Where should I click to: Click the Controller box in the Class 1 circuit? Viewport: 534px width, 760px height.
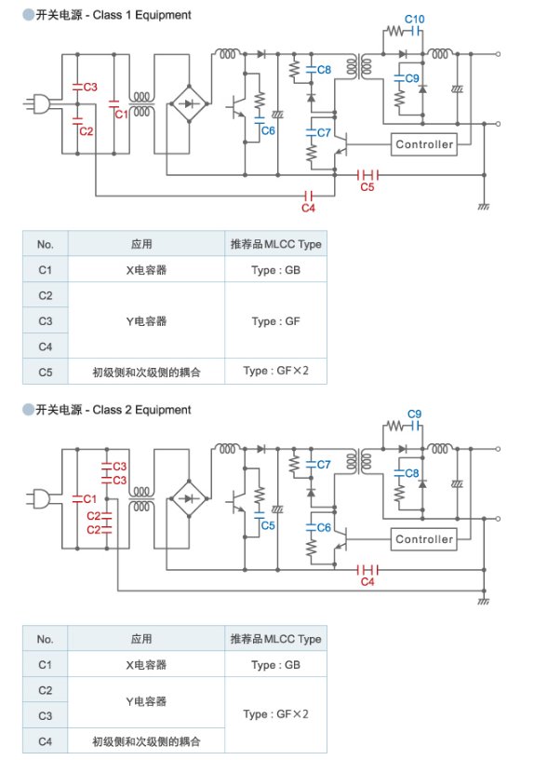click(424, 144)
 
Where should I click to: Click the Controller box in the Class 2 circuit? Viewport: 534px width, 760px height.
click(424, 539)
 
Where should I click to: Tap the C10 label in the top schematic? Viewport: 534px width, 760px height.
click(414, 20)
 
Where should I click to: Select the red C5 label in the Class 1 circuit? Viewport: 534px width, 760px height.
click(367, 186)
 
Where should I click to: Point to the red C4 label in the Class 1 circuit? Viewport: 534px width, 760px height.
click(308, 208)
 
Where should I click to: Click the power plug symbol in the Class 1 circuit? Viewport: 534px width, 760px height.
click(37, 103)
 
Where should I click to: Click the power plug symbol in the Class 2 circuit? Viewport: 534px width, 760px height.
click(37, 498)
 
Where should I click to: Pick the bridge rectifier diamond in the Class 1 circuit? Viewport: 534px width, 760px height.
click(189, 103)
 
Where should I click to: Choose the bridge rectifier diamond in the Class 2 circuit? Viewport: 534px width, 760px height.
click(189, 498)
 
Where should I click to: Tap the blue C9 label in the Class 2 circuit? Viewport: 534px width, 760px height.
click(414, 414)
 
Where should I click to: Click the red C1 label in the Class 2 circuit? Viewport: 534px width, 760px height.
click(90, 499)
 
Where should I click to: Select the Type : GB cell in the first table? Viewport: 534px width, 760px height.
click(276, 270)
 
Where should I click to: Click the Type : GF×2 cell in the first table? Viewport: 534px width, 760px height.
click(276, 371)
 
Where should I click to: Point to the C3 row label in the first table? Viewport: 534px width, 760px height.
click(45, 321)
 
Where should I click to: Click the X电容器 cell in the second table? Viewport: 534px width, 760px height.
click(146, 665)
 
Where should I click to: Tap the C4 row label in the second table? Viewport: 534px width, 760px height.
click(45, 741)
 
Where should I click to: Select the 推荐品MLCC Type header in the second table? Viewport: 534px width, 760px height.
click(276, 639)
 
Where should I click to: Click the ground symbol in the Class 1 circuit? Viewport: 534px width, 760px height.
click(484, 206)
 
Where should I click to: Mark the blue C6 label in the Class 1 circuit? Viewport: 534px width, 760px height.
click(268, 131)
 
